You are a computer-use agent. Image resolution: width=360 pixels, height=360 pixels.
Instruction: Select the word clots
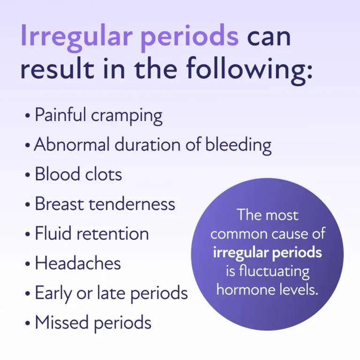click(101, 174)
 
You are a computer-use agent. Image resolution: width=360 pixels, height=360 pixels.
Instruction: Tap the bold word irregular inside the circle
click(239, 252)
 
